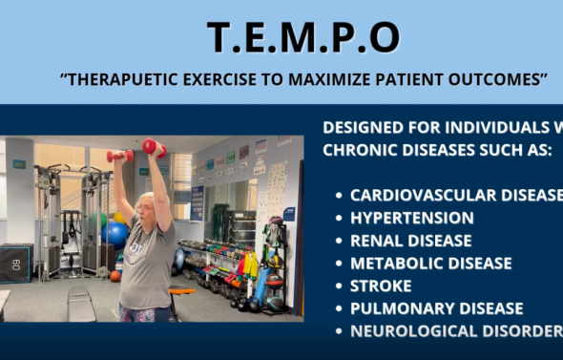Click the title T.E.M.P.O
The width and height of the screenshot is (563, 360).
click(x=303, y=37)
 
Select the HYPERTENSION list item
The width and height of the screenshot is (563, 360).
click(x=411, y=218)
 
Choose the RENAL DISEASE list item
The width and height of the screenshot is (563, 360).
click(x=410, y=241)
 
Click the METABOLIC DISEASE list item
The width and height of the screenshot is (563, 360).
click(x=430, y=264)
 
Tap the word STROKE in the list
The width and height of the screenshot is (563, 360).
click(x=381, y=286)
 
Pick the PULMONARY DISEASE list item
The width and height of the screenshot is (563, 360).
click(x=436, y=308)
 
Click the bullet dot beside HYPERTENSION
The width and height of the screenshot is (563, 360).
click(x=339, y=219)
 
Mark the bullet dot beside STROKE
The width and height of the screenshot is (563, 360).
click(x=339, y=286)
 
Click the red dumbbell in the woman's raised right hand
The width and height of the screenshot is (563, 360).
click(x=120, y=156)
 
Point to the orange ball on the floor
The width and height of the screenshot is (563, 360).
click(x=115, y=276)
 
